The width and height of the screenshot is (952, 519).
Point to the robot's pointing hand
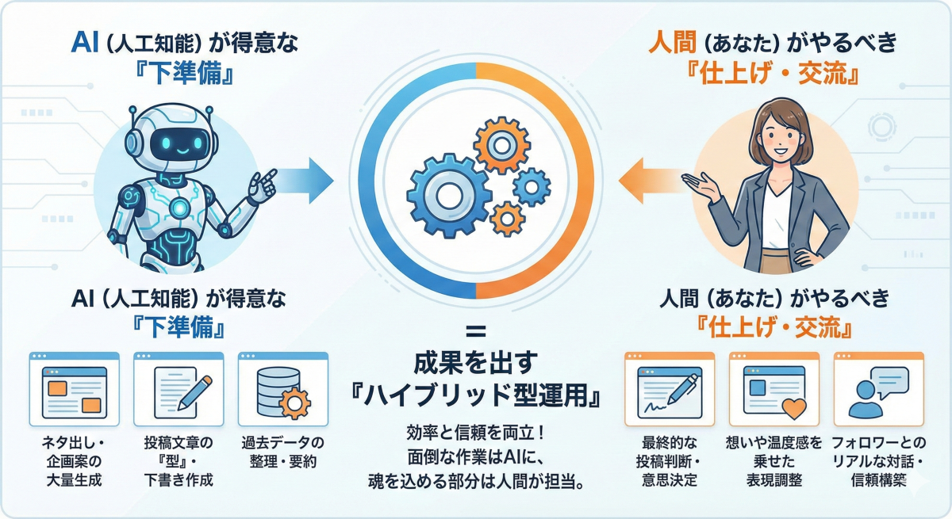[259, 185]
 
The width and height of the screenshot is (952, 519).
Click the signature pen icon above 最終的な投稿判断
[670, 391]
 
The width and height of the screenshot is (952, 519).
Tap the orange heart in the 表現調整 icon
[793, 408]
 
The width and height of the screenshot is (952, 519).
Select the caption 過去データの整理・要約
[282, 451]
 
